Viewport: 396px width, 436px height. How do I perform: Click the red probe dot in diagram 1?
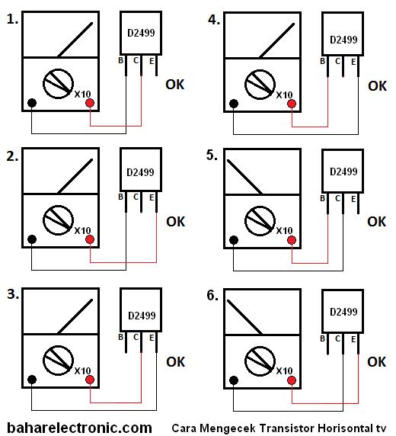[x=90, y=104]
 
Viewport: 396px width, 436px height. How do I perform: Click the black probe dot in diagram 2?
[x=32, y=240]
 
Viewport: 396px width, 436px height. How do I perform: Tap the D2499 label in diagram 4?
[x=343, y=40]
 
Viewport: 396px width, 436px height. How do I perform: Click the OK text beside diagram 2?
[x=175, y=222]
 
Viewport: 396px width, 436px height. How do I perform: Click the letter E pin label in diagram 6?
[x=353, y=337]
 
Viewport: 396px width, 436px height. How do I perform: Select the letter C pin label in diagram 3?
[x=136, y=337]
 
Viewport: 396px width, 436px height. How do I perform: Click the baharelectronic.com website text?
[x=79, y=428]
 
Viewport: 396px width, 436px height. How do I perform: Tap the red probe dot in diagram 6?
[x=292, y=379]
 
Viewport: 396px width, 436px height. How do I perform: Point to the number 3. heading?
[x=12, y=294]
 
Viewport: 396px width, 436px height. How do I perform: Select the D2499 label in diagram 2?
[x=142, y=176]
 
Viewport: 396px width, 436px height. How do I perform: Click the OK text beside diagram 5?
[x=377, y=222]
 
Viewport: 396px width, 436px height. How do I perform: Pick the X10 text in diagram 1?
[x=82, y=94]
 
